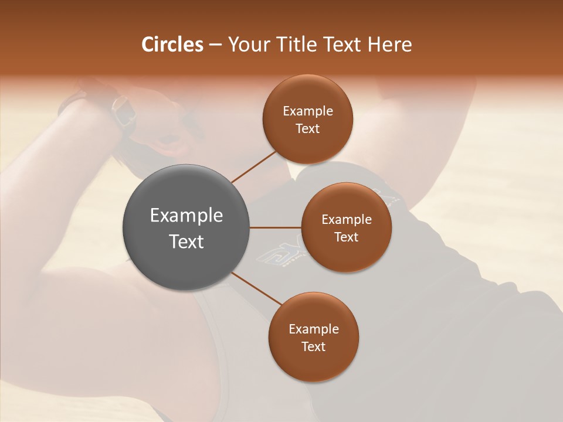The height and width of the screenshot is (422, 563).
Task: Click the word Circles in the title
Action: pyautogui.click(x=172, y=45)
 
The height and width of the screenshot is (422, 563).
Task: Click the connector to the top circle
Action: pyautogui.click(x=253, y=166)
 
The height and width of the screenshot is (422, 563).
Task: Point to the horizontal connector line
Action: pyautogui.click(x=276, y=227)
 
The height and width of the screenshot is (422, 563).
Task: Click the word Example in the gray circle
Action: pyautogui.click(x=186, y=216)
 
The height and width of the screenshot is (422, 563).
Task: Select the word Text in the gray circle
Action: pyautogui.click(x=186, y=241)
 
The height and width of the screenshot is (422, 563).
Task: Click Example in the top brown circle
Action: pyautogui.click(x=308, y=111)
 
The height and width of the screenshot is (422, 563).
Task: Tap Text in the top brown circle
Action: pyautogui.click(x=308, y=129)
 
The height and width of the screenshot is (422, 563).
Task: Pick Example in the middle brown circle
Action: pyautogui.click(x=347, y=220)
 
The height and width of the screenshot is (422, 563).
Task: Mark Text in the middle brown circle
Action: pyautogui.click(x=347, y=237)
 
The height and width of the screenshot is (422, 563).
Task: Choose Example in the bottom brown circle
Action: pyautogui.click(x=314, y=329)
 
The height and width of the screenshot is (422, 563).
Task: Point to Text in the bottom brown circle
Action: pyautogui.click(x=314, y=347)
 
